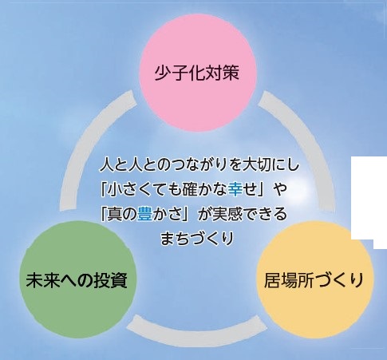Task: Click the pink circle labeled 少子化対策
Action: [x=198, y=73]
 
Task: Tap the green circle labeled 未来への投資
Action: [x=77, y=279]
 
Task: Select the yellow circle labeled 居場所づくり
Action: [x=314, y=279]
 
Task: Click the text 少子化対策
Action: [x=197, y=73]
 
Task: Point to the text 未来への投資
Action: [x=77, y=280]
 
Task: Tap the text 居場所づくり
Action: [x=314, y=280]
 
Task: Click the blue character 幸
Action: [x=235, y=189]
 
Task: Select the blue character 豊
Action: [x=144, y=214]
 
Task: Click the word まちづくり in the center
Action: [x=197, y=239]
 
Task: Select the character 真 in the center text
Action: [x=114, y=214]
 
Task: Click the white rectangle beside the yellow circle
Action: [x=369, y=198]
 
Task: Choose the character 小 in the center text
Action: [x=114, y=189]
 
